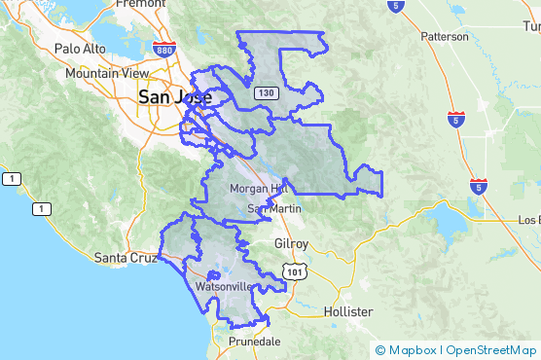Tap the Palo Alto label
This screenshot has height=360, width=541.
coord(79,48)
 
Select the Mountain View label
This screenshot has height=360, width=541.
coord(107,73)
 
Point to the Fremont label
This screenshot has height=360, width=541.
coord(141,4)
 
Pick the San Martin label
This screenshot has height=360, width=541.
coord(273,208)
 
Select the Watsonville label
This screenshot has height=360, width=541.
coord(225,288)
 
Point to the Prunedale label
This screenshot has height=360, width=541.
coord(254,342)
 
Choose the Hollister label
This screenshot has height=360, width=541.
coord(347,311)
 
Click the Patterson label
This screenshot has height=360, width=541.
coord(445,36)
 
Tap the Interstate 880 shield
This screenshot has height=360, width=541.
coord(163,77)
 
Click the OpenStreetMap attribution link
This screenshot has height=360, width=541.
coord(492,350)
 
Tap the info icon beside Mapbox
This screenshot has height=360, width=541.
coord(380,350)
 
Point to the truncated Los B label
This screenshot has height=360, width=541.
coord(528,220)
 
